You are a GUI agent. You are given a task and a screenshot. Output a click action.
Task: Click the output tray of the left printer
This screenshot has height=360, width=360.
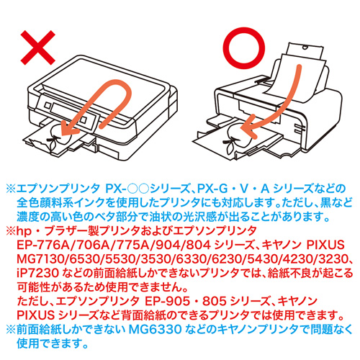coord(54,141)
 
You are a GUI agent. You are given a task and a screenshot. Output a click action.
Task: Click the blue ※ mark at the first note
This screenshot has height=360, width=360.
coord(11,187)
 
